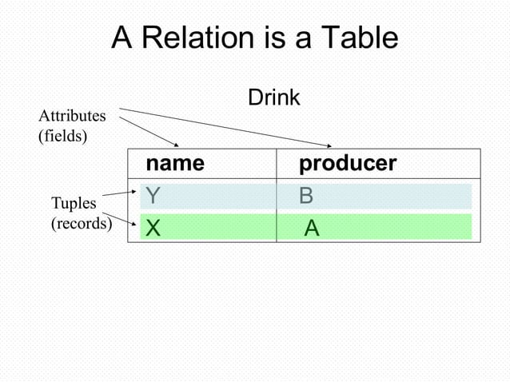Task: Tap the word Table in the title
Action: point(358,38)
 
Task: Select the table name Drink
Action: point(273,98)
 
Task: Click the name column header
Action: point(174,164)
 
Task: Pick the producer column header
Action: point(348,164)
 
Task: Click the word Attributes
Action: point(72,117)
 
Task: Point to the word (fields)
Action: point(62,135)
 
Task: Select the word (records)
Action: point(81,223)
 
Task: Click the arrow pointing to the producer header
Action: point(232,128)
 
